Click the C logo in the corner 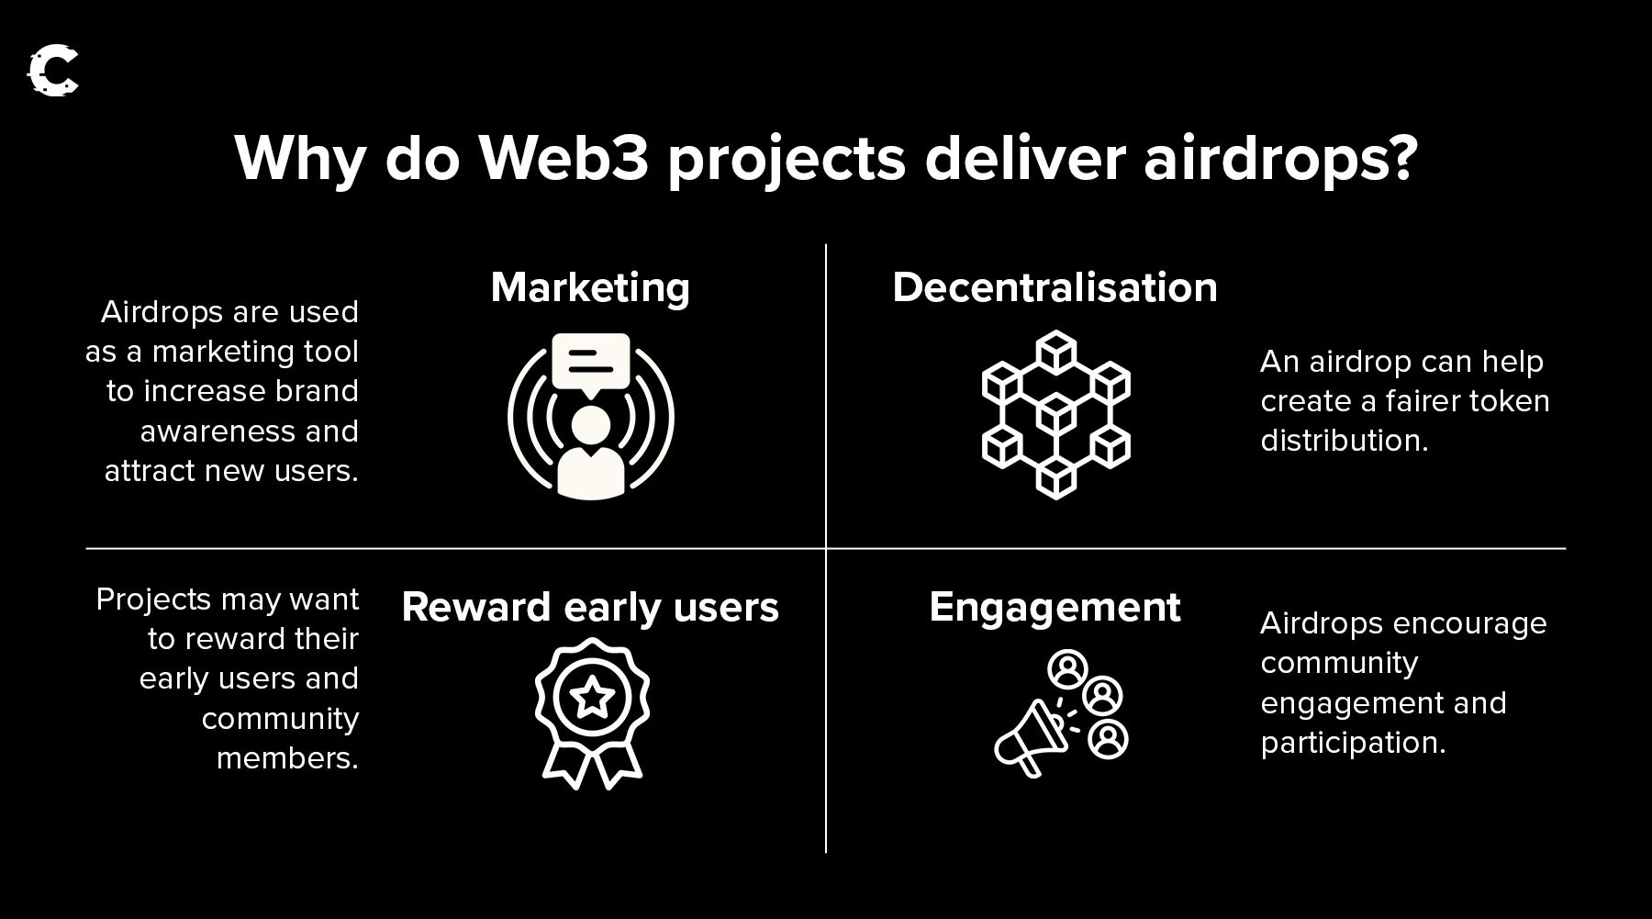(x=53, y=71)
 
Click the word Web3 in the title (x=564, y=158)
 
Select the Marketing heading (x=590, y=287)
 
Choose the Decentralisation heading (x=1055, y=287)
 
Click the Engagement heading (x=1055, y=608)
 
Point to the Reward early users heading (x=590, y=608)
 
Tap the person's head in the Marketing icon (x=590, y=425)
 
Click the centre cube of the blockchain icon (x=1056, y=414)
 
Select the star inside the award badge (x=592, y=699)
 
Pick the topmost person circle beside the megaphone (x=1067, y=670)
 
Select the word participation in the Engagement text (x=1353, y=743)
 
